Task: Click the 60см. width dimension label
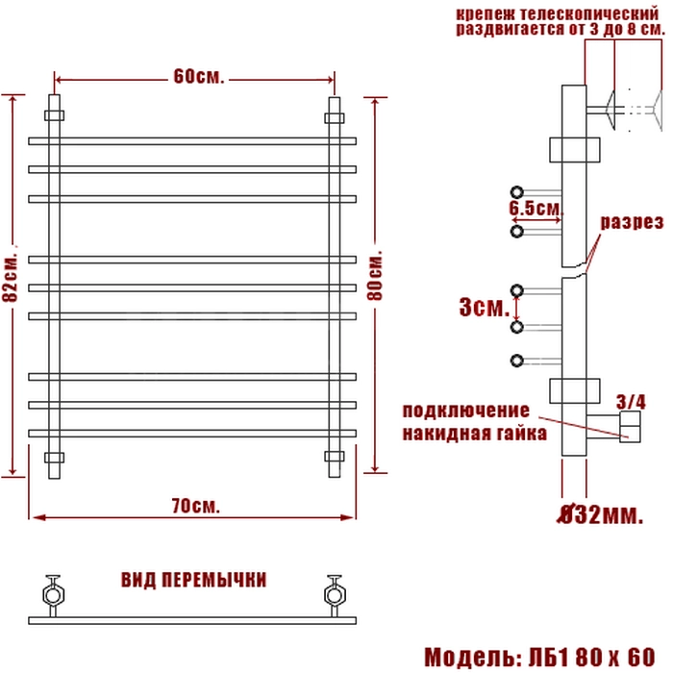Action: [199, 77]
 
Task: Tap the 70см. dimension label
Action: [196, 506]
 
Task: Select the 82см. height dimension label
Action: [11, 277]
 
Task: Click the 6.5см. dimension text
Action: [536, 209]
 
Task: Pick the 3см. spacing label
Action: [485, 308]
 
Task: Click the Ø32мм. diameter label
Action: [600, 514]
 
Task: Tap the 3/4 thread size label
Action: [631, 402]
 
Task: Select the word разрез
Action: [632, 222]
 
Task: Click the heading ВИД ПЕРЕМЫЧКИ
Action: [193, 580]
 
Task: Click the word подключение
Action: [466, 411]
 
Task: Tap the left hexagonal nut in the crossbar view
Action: [54, 595]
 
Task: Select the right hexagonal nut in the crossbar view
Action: [336, 595]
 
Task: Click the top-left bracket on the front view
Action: [55, 115]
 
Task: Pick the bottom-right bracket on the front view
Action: [335, 457]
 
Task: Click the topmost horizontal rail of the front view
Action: [192, 141]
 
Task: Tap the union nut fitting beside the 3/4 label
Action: [630, 427]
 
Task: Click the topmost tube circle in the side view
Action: [517, 192]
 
